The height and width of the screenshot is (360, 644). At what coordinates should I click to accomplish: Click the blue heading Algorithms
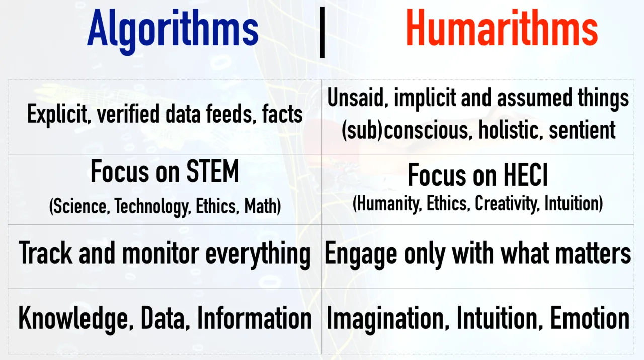[173, 31]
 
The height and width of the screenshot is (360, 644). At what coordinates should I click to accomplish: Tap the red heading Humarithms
[502, 28]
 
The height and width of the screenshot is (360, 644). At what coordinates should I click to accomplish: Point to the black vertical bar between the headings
[323, 33]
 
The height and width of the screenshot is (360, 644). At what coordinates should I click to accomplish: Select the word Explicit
[57, 114]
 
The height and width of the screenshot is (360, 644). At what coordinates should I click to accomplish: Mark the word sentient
[582, 130]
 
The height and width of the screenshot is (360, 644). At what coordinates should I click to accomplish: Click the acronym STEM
[213, 172]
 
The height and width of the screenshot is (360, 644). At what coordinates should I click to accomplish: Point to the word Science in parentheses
[79, 206]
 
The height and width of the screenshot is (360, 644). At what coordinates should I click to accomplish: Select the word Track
[45, 253]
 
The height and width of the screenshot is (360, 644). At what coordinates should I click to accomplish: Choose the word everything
[258, 255]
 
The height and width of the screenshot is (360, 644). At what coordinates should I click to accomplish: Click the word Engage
[361, 255]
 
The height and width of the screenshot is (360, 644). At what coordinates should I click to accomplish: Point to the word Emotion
[590, 318]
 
